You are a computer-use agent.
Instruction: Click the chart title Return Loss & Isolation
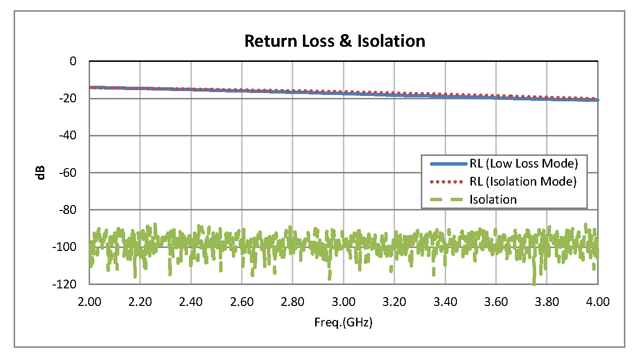click(x=335, y=41)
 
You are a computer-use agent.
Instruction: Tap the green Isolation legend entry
click(x=493, y=199)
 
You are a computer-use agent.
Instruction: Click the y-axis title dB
click(x=41, y=172)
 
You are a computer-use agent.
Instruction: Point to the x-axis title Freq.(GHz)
click(x=344, y=322)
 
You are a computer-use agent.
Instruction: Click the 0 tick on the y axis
click(x=73, y=61)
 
